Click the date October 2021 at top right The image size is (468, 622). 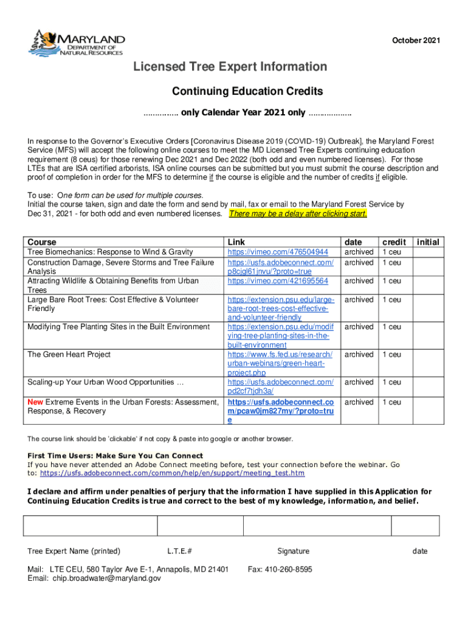pyautogui.click(x=416, y=41)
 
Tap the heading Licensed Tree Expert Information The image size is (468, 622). pyautogui.click(x=230, y=67)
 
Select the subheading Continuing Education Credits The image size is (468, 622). pyautogui.click(x=247, y=92)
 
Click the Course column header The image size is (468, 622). pyautogui.click(x=42, y=242)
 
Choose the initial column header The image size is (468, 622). pyautogui.click(x=428, y=242)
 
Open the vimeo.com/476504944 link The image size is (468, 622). pyautogui.click(x=278, y=252)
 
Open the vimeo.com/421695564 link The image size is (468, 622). pyautogui.click(x=278, y=281)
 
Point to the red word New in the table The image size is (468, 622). pyautogui.click(x=35, y=402)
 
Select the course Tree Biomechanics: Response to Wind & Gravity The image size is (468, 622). pyautogui.click(x=110, y=252)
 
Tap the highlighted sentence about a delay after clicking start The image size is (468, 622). pyautogui.click(x=298, y=214)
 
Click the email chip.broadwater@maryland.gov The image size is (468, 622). pyautogui.click(x=107, y=579)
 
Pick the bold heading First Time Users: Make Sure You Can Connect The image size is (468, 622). pyautogui.click(x=115, y=456)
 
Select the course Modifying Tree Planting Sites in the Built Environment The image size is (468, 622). pyautogui.click(x=119, y=327)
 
